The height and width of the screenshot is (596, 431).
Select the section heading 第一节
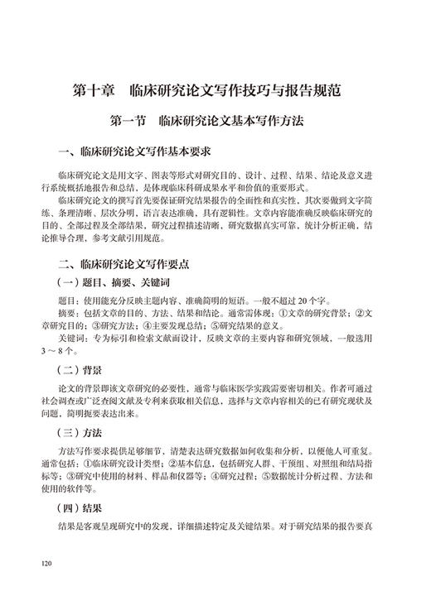click(132, 121)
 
